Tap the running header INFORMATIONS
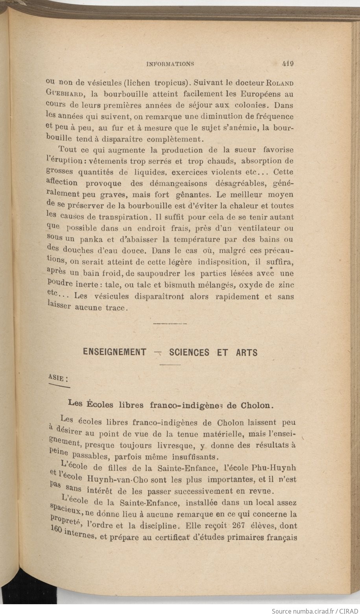pos(170,63)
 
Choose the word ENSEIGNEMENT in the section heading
pos(114,352)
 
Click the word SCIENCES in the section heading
pos(189,352)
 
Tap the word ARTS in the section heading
pos(247,352)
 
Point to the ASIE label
pos(57,378)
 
